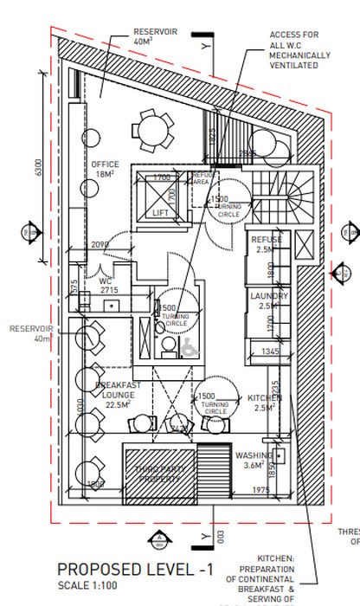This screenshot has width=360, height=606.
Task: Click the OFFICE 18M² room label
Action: pyautogui.click(x=105, y=169)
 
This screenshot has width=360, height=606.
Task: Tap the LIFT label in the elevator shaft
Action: pyautogui.click(x=160, y=212)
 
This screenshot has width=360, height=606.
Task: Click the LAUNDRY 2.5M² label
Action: pyautogui.click(x=268, y=300)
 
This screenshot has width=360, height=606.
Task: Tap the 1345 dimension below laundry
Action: pyautogui.click(x=269, y=351)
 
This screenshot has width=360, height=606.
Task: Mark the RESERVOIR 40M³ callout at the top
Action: pyautogui.click(x=155, y=35)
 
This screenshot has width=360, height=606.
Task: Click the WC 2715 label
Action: pyautogui.click(x=109, y=287)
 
